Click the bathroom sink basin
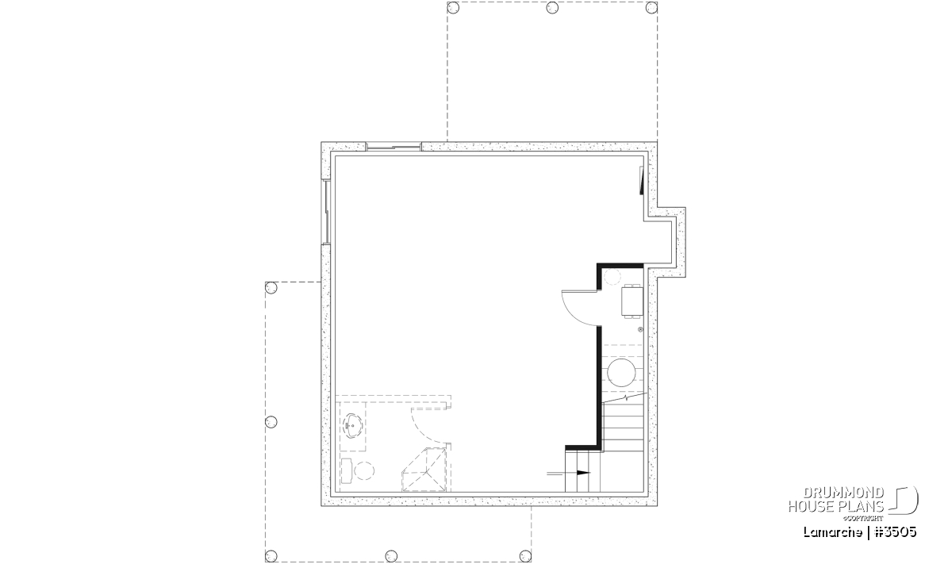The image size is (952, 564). point(352,425)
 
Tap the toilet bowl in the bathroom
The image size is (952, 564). point(364,471)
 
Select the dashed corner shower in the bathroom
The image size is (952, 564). point(424,470)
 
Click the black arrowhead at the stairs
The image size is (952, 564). point(584,473)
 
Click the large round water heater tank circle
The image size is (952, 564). point(621,373)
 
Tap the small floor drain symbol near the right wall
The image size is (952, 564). point(640,329)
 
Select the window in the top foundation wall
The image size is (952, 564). point(393,147)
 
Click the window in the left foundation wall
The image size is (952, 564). point(326,212)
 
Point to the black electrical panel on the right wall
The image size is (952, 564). point(641,181)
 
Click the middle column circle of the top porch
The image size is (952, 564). point(552,8)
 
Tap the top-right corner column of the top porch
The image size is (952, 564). point(651,8)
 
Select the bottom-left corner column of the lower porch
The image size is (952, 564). point(271,556)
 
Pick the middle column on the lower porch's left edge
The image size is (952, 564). point(271,422)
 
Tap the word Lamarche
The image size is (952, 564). point(832,532)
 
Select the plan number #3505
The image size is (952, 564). point(896,532)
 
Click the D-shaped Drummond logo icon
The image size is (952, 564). point(905,500)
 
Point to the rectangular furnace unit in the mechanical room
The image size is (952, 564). point(632,301)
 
